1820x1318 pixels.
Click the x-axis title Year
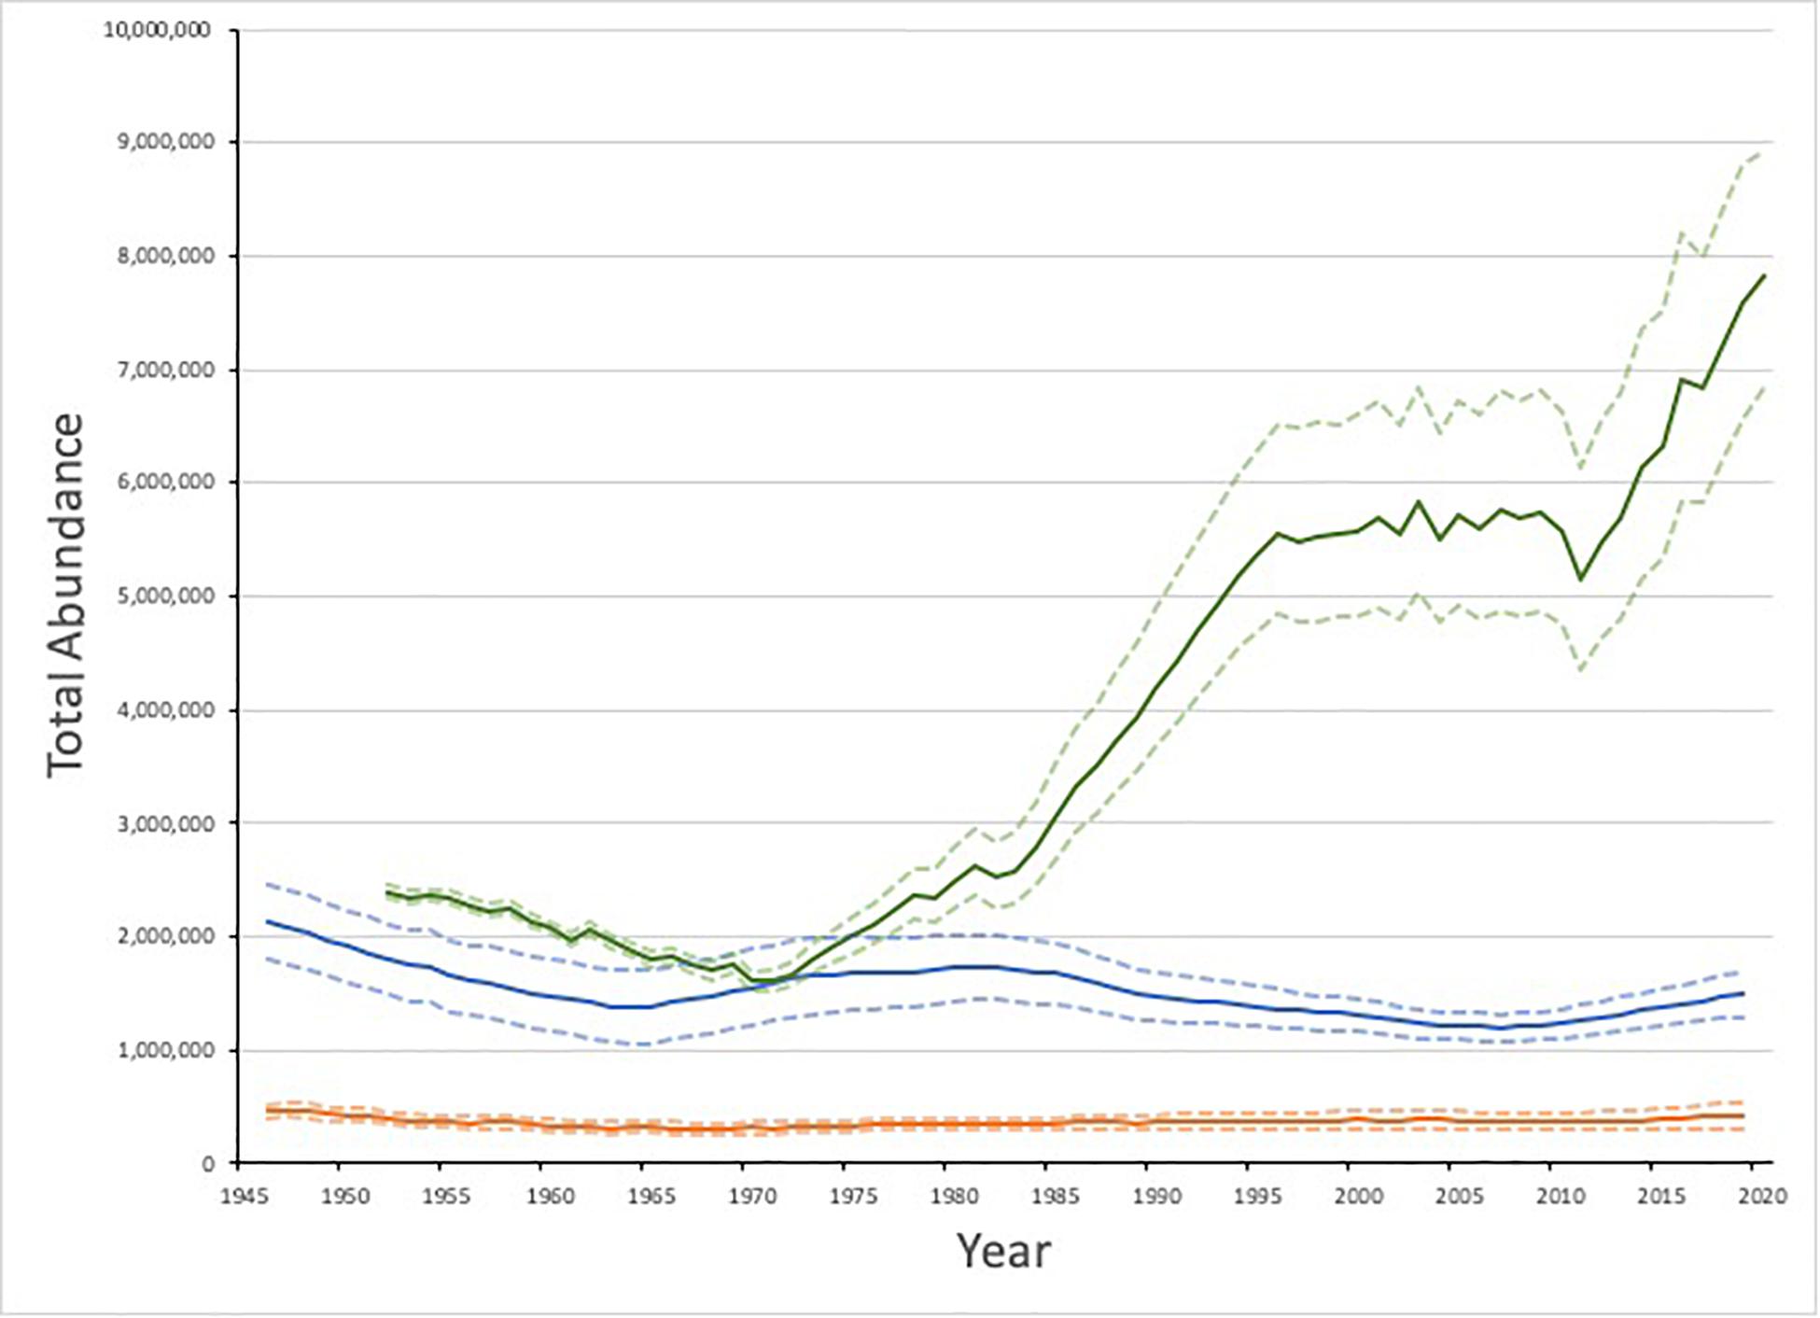click(1003, 1251)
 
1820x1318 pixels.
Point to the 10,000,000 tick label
click(157, 30)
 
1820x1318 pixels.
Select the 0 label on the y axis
click(207, 1164)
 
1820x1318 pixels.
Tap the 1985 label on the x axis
click(1055, 1196)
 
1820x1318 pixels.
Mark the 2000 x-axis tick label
click(1358, 1196)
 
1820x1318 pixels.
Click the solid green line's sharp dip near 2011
click(1579, 579)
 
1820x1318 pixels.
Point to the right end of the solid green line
click(1764, 275)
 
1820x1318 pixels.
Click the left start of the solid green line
click(387, 892)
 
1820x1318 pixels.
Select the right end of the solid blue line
click(1743, 993)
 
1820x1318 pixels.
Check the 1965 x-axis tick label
click(651, 1196)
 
